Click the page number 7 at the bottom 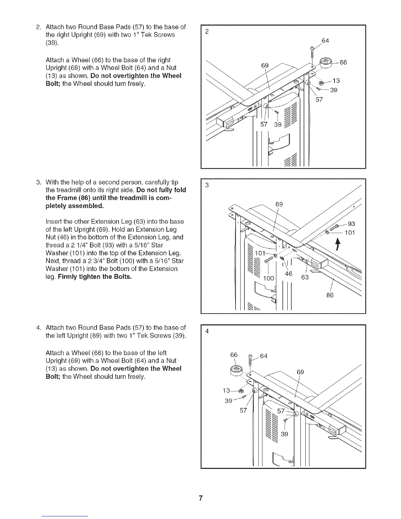(x=201, y=498)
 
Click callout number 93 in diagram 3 (x=351, y=224)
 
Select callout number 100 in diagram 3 (x=268, y=279)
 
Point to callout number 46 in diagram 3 (x=288, y=274)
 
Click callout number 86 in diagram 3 (x=330, y=295)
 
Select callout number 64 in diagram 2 (x=325, y=41)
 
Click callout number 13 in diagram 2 (x=336, y=81)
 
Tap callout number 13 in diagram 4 (x=226, y=391)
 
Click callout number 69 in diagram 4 (x=300, y=372)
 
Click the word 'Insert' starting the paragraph (x=54, y=221)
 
